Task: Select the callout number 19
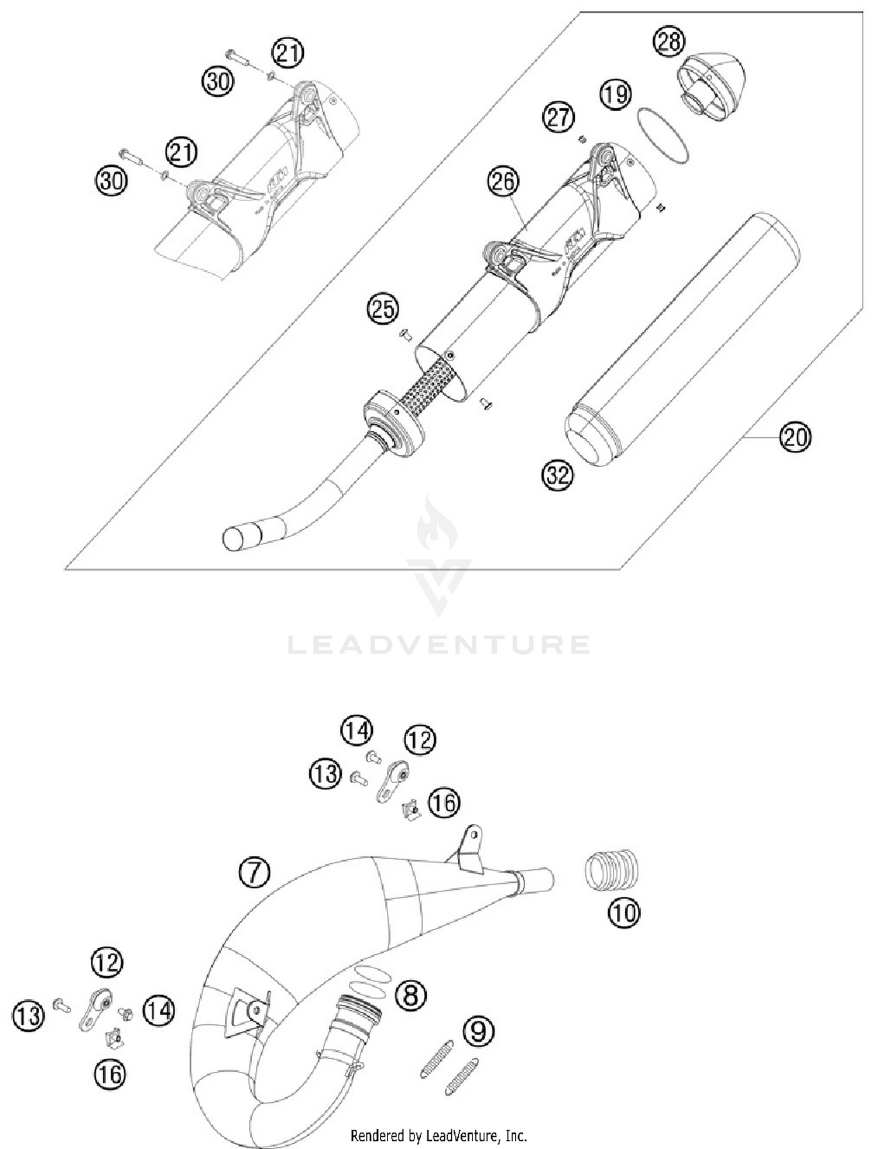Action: pyautogui.click(x=616, y=94)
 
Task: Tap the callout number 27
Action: pyautogui.click(x=558, y=116)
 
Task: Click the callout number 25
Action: pyautogui.click(x=383, y=308)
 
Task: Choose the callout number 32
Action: pyautogui.click(x=557, y=474)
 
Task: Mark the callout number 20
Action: pyautogui.click(x=795, y=437)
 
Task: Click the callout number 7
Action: pyautogui.click(x=255, y=873)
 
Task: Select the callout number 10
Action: pyautogui.click(x=624, y=912)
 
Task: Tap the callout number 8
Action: pyautogui.click(x=410, y=994)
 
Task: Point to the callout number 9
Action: pyautogui.click(x=478, y=1031)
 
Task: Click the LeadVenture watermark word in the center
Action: pyautogui.click(x=439, y=644)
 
